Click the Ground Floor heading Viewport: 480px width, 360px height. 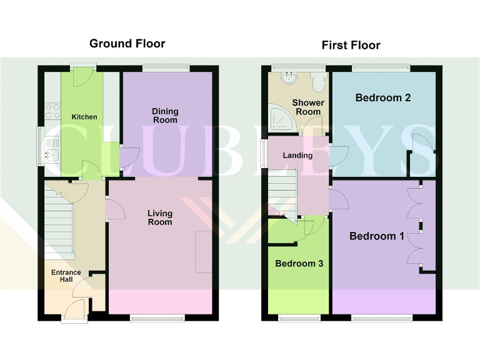click(x=127, y=43)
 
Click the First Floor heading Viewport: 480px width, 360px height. click(x=351, y=45)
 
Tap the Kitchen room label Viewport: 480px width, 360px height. click(x=84, y=117)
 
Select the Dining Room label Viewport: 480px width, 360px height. click(x=165, y=116)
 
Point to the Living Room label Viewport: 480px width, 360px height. click(x=160, y=217)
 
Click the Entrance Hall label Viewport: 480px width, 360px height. click(x=66, y=276)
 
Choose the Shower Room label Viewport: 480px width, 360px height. click(x=308, y=107)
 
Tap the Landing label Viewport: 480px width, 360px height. click(x=297, y=155)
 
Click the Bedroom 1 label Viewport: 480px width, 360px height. click(x=376, y=236)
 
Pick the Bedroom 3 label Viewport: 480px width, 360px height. click(x=299, y=263)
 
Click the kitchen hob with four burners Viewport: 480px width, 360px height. click(x=52, y=111)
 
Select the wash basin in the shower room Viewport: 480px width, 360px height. click(x=289, y=78)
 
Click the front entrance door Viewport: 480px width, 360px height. click(x=74, y=310)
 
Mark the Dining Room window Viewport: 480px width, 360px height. click(x=166, y=67)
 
